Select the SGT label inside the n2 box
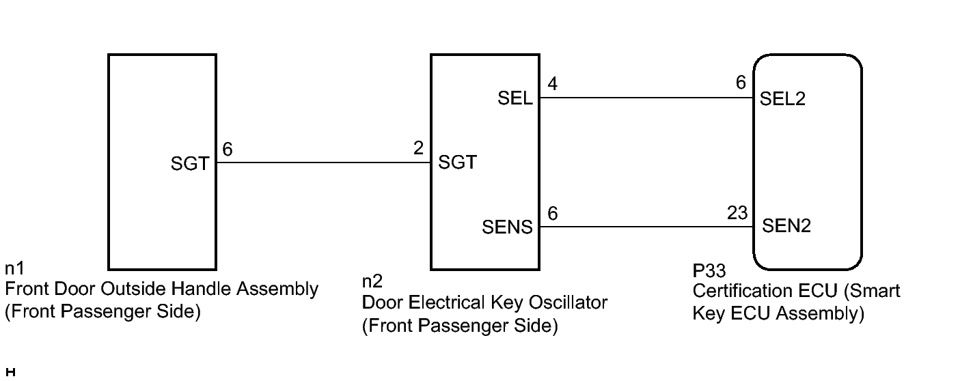coord(457,163)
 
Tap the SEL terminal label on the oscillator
coord(516,98)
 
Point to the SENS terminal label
coord(507,227)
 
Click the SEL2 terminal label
coord(783,99)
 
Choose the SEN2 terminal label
coord(786,226)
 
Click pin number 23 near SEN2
coord(738,213)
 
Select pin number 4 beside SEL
coord(552,84)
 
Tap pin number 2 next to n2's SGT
coord(418,149)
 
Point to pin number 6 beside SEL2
coord(741,83)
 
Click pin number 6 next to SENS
coord(552,214)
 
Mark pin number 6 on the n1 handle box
coord(228,150)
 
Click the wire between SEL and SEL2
coord(646,98)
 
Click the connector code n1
coord(14,268)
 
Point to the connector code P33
coord(708,272)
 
